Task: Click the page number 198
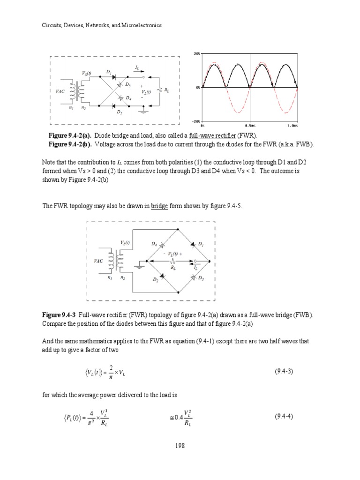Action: coord(180,446)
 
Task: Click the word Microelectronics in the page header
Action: coord(141,25)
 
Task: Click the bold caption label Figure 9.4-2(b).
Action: coord(63,144)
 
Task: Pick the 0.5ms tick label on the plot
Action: coord(250,126)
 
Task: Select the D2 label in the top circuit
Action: coord(120,113)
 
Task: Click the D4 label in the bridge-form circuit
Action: coord(154,244)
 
